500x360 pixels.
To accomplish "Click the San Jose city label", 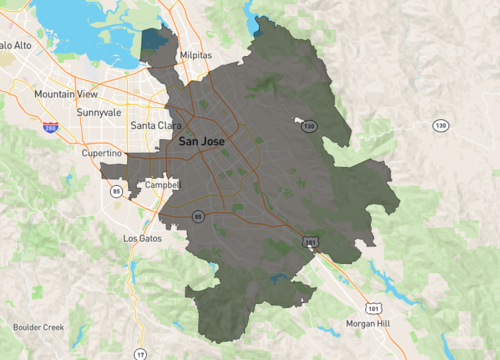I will (201, 142).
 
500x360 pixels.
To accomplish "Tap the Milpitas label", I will (197, 57).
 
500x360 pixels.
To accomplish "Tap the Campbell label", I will (162, 185).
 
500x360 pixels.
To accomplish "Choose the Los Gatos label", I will (141, 239).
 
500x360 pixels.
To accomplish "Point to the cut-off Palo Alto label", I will (16, 45).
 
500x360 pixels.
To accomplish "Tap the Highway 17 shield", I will (140, 354).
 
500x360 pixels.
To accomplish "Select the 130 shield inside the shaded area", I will (310, 126).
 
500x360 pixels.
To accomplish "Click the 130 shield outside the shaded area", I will (440, 125).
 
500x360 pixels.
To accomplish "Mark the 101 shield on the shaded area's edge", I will (311, 242).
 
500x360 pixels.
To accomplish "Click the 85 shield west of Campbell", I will (117, 190).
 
